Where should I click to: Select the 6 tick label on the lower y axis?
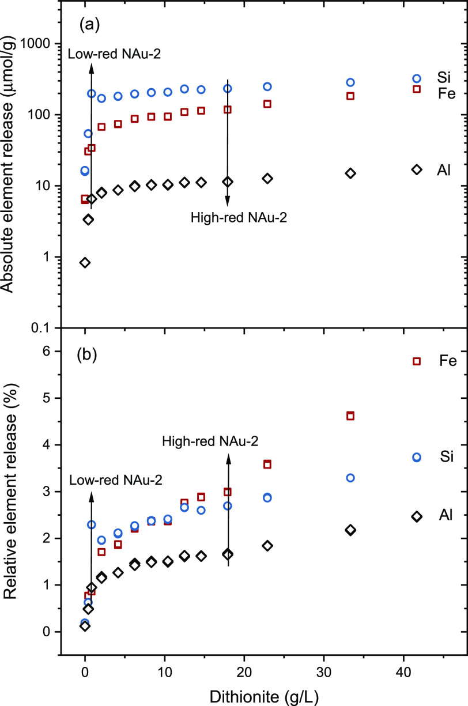pos(49,352)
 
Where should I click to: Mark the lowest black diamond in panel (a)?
pos(85,263)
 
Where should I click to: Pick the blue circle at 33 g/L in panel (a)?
pos(350,82)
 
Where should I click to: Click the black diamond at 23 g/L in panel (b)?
pos(267,545)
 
